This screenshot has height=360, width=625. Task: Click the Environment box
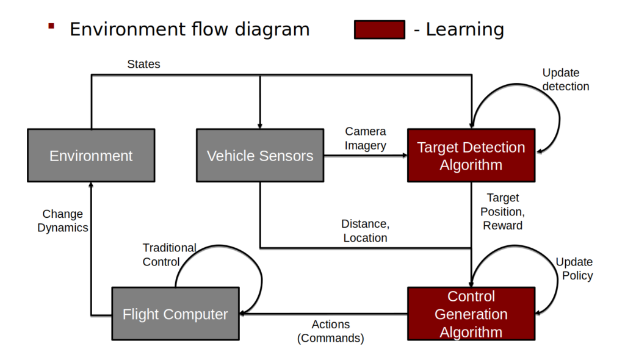91,156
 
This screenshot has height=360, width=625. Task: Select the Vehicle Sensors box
260,156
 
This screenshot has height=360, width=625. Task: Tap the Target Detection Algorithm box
471,156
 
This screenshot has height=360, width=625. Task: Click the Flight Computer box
175,314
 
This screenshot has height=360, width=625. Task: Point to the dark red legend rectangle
379,29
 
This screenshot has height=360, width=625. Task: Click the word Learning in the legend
465,29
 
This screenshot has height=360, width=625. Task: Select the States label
143,64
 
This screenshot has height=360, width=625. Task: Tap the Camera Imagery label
366,139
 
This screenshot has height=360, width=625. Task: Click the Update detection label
566,80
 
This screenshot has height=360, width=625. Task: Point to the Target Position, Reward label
503,212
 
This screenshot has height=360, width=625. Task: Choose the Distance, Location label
365,231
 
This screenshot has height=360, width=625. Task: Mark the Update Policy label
574,268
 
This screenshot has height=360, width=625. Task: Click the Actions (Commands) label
331,331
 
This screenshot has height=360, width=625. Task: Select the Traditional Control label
169,254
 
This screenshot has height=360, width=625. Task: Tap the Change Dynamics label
63,221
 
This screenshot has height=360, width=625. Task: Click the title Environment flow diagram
189,29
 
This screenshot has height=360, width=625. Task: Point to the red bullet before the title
51,26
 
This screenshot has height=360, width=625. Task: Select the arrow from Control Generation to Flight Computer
323,314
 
